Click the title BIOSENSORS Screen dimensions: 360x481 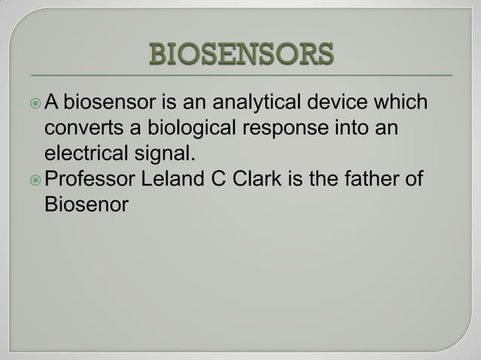(x=240, y=55)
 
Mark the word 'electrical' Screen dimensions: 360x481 (x=84, y=154)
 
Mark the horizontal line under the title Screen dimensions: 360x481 (x=240, y=75)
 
